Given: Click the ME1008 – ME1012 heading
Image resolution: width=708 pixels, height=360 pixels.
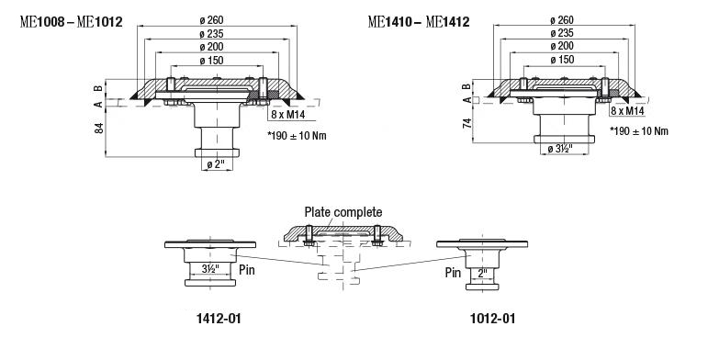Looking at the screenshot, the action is [71, 22].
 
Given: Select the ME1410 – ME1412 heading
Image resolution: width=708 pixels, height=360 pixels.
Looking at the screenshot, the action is [419, 22].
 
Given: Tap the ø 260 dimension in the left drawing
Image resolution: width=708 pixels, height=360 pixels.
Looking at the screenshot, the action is [211, 20].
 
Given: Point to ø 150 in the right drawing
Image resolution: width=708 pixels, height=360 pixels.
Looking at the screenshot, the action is [563, 60].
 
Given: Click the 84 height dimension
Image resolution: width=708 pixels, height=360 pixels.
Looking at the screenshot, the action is [99, 128].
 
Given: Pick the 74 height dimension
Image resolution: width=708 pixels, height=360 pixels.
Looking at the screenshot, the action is [467, 123].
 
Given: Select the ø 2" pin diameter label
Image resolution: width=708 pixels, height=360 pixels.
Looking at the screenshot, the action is [216, 165].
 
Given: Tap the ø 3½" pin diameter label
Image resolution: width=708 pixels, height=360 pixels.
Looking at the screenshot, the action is [560, 149].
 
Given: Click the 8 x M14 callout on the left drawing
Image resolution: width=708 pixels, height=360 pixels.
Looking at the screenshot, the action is [288, 115].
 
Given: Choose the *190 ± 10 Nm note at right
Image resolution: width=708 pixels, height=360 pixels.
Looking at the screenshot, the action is [639, 131].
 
